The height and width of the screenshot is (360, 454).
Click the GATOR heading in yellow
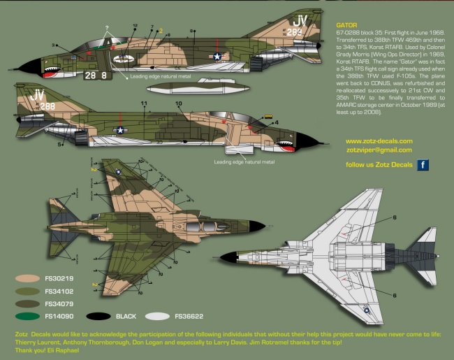click(x=347, y=25)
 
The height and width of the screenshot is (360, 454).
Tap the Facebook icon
click(x=423, y=166)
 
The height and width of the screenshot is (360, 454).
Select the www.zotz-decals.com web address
click(x=379, y=141)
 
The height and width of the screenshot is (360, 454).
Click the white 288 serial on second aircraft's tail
click(x=45, y=106)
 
